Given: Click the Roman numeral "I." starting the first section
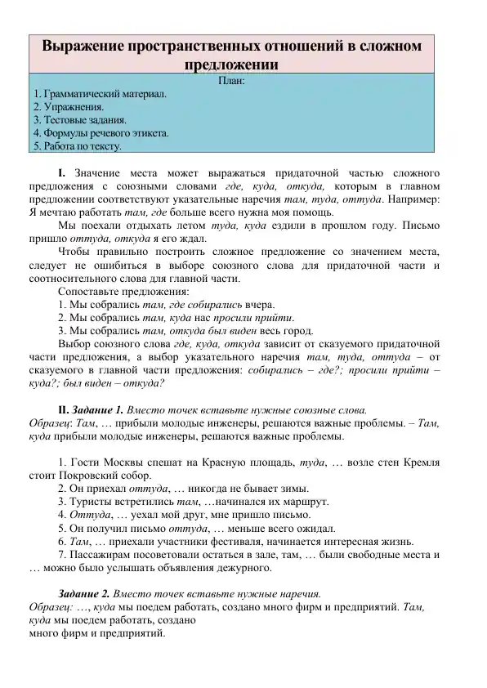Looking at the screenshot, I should tap(62, 173).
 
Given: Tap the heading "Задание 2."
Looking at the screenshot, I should tap(85, 593).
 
